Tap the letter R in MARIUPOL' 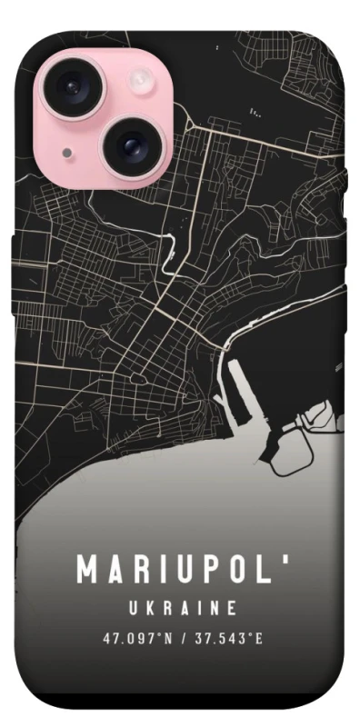click(141, 571)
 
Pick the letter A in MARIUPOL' click(115, 571)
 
